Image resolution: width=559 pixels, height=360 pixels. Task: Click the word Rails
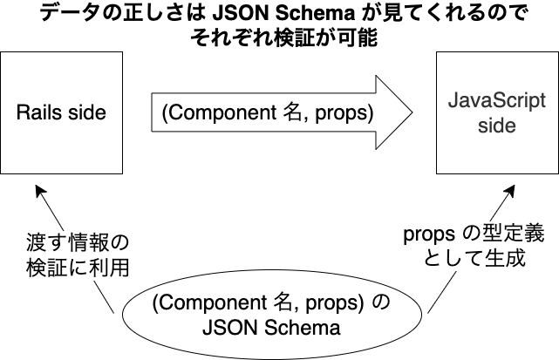pyautogui.click(x=38, y=112)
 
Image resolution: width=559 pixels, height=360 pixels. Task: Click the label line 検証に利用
pyautogui.click(x=78, y=267)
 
